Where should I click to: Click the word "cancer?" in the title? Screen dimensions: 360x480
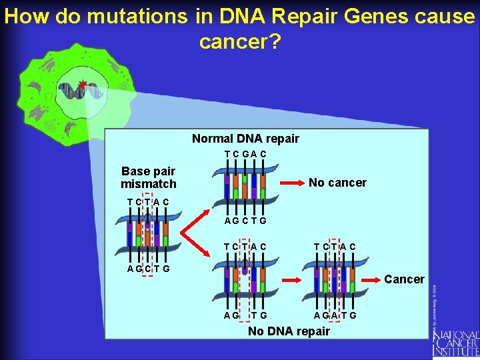click(x=240, y=41)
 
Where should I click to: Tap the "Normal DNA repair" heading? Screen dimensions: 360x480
click(x=245, y=139)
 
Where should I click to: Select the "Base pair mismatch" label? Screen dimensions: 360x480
click(x=149, y=177)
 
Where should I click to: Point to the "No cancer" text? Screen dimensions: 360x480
click(x=337, y=183)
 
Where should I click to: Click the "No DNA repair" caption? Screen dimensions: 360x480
click(x=289, y=331)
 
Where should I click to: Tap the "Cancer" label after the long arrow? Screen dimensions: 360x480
click(x=404, y=279)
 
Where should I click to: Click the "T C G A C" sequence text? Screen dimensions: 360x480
click(x=245, y=155)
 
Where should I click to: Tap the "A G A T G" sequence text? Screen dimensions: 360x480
click(x=335, y=315)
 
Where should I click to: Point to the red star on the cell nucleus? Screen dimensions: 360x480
click(x=83, y=85)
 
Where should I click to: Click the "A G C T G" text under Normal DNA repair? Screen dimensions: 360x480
click(x=245, y=221)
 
